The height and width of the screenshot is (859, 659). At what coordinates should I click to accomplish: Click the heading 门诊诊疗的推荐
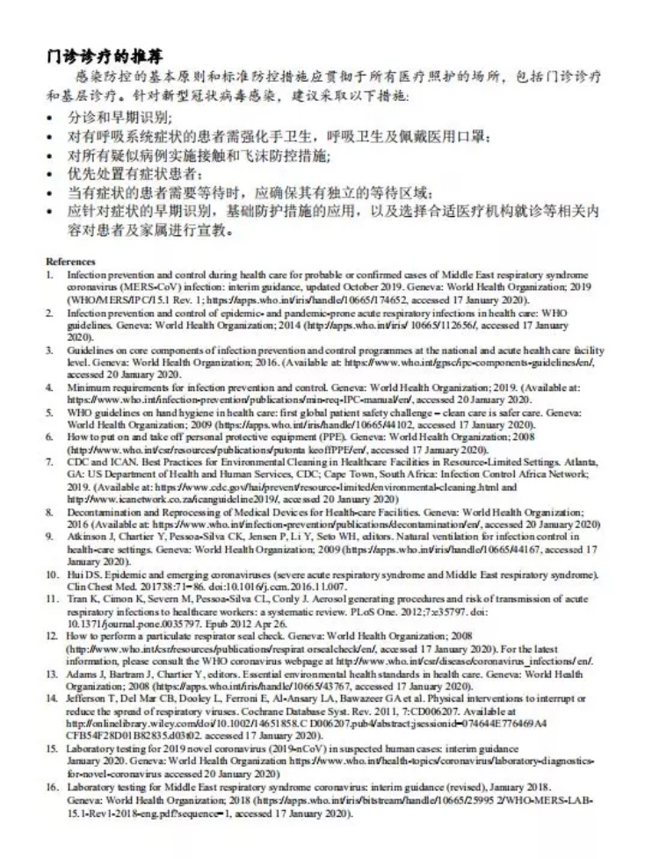[106, 59]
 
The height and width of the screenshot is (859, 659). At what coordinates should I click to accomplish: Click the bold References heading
[70, 262]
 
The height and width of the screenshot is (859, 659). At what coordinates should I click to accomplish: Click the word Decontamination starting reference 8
[105, 511]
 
